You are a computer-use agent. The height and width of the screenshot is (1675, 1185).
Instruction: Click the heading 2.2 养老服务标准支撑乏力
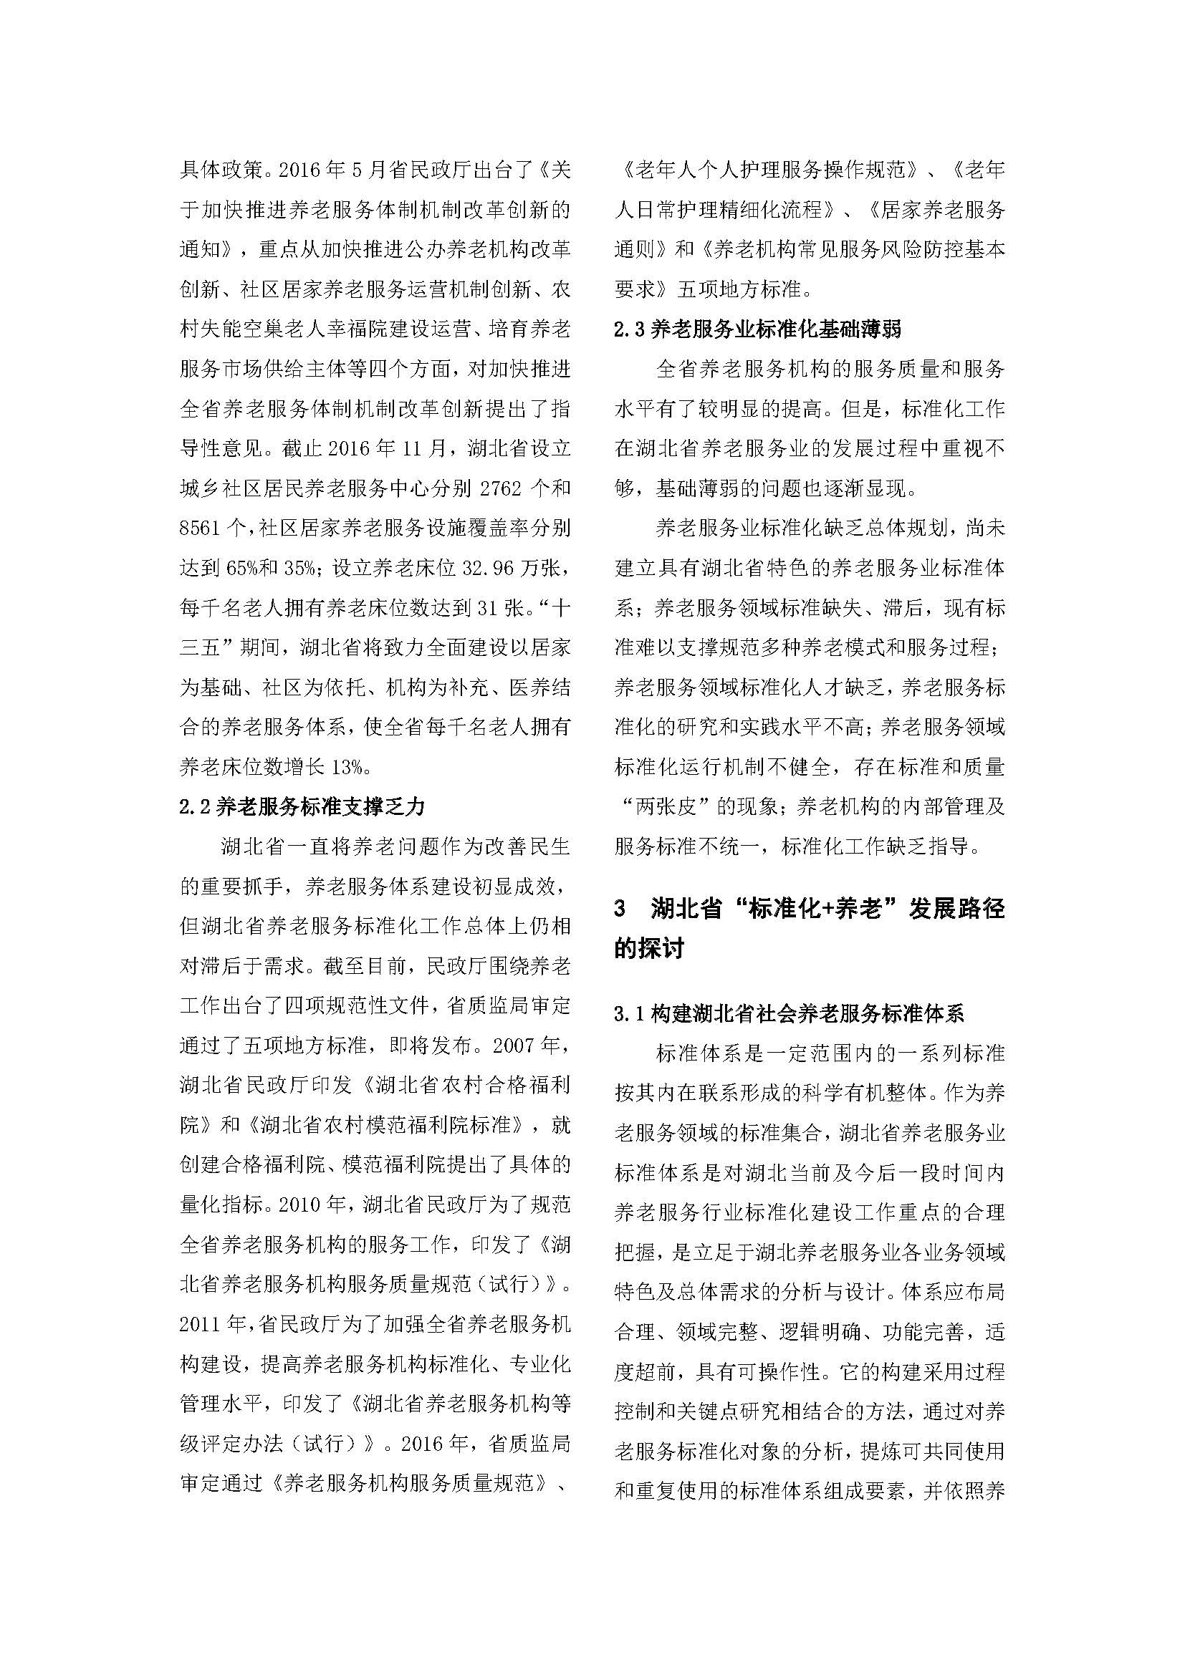[x=302, y=806]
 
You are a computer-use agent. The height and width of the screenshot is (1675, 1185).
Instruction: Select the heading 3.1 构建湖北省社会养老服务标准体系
[x=790, y=1013]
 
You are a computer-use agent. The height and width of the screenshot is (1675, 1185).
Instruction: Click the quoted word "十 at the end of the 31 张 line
[x=557, y=607]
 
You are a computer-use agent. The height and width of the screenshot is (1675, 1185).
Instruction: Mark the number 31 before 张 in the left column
[x=488, y=607]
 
